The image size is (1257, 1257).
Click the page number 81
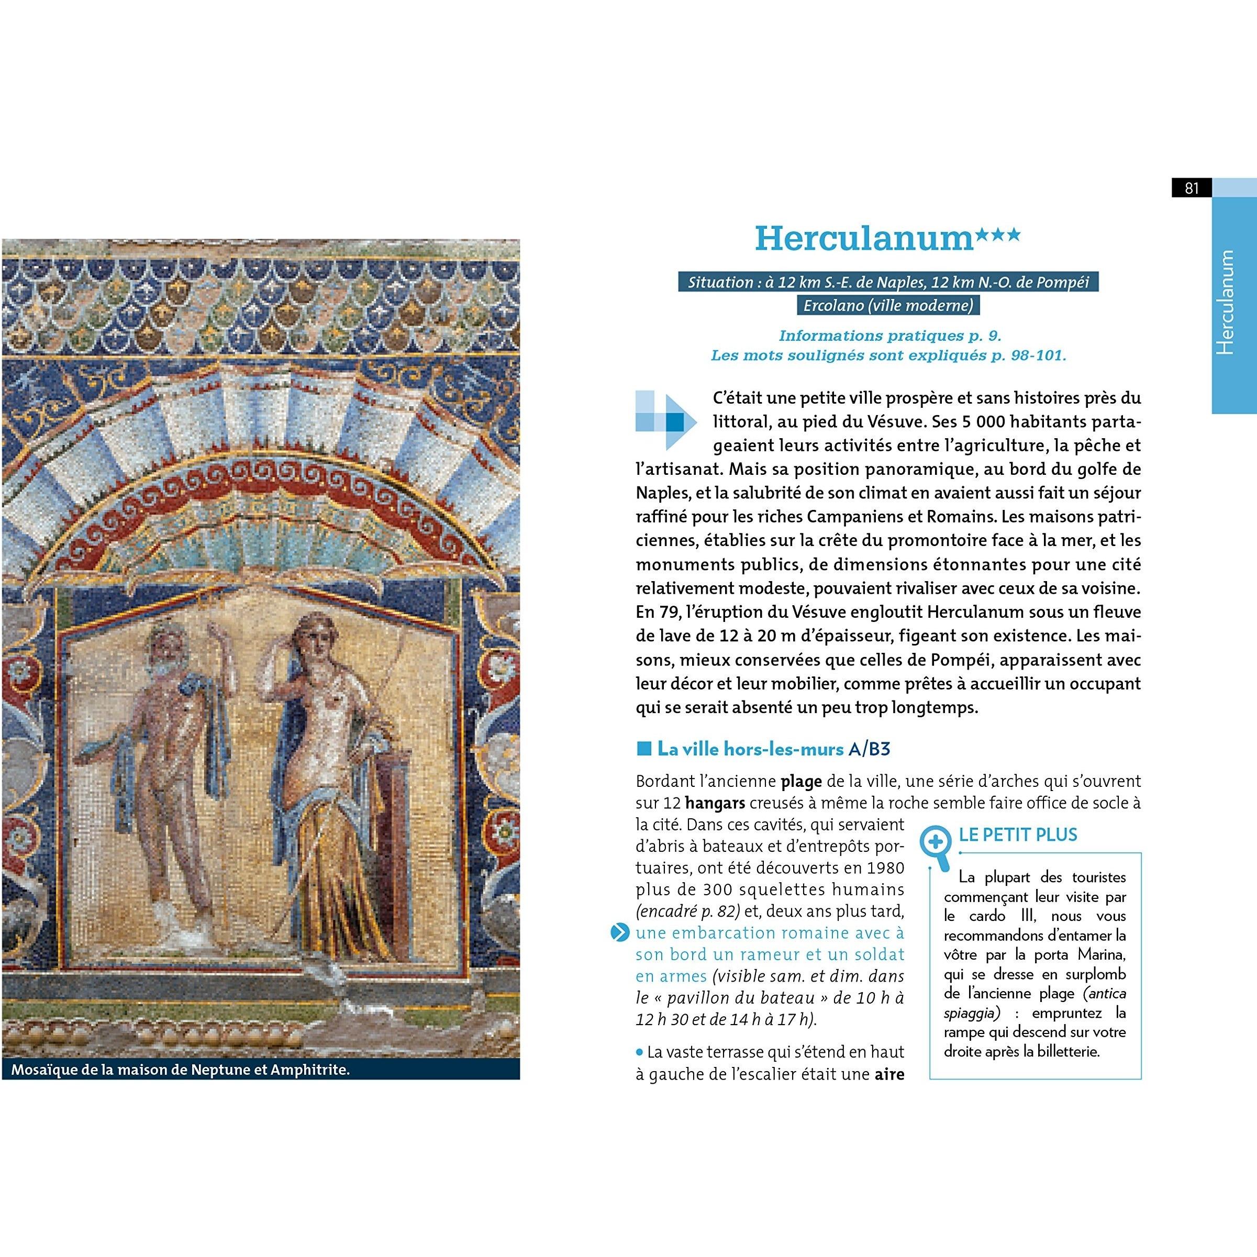[1191, 188]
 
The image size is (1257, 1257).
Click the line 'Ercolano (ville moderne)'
[888, 305]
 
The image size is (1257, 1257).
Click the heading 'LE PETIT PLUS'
[1018, 835]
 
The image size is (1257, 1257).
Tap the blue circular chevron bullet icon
[620, 933]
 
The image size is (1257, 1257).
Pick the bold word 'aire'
[889, 1074]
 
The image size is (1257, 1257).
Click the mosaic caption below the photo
[180, 1070]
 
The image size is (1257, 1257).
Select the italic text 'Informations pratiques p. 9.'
[889, 336]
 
